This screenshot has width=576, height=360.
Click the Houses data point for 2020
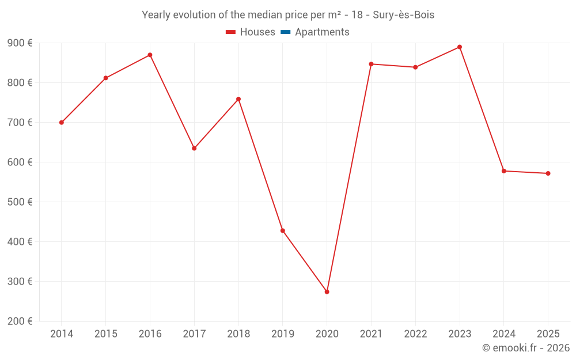pos(327,292)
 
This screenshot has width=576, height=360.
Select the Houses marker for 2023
pos(460,47)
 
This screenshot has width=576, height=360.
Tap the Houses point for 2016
pos(150,55)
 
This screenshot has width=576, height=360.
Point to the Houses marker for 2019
pos(282,231)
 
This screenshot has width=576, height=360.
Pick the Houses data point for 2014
pos(62,123)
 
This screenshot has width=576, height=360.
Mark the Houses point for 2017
pos(194,149)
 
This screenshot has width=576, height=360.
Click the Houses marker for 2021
pos(371,64)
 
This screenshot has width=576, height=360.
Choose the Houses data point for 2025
pos(548,173)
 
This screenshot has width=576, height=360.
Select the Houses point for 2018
pos(238,99)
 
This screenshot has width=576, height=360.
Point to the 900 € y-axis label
pos(20,43)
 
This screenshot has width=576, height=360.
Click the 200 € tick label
pos(20,321)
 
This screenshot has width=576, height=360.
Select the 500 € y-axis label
pos(20,202)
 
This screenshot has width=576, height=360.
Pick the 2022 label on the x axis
pos(415,334)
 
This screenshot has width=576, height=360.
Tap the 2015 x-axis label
pos(106,334)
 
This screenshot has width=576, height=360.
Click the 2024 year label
pos(503,334)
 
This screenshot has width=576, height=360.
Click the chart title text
pos(288,15)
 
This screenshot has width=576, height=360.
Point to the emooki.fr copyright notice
pos(526,348)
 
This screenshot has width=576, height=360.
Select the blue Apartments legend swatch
pos(285,32)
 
